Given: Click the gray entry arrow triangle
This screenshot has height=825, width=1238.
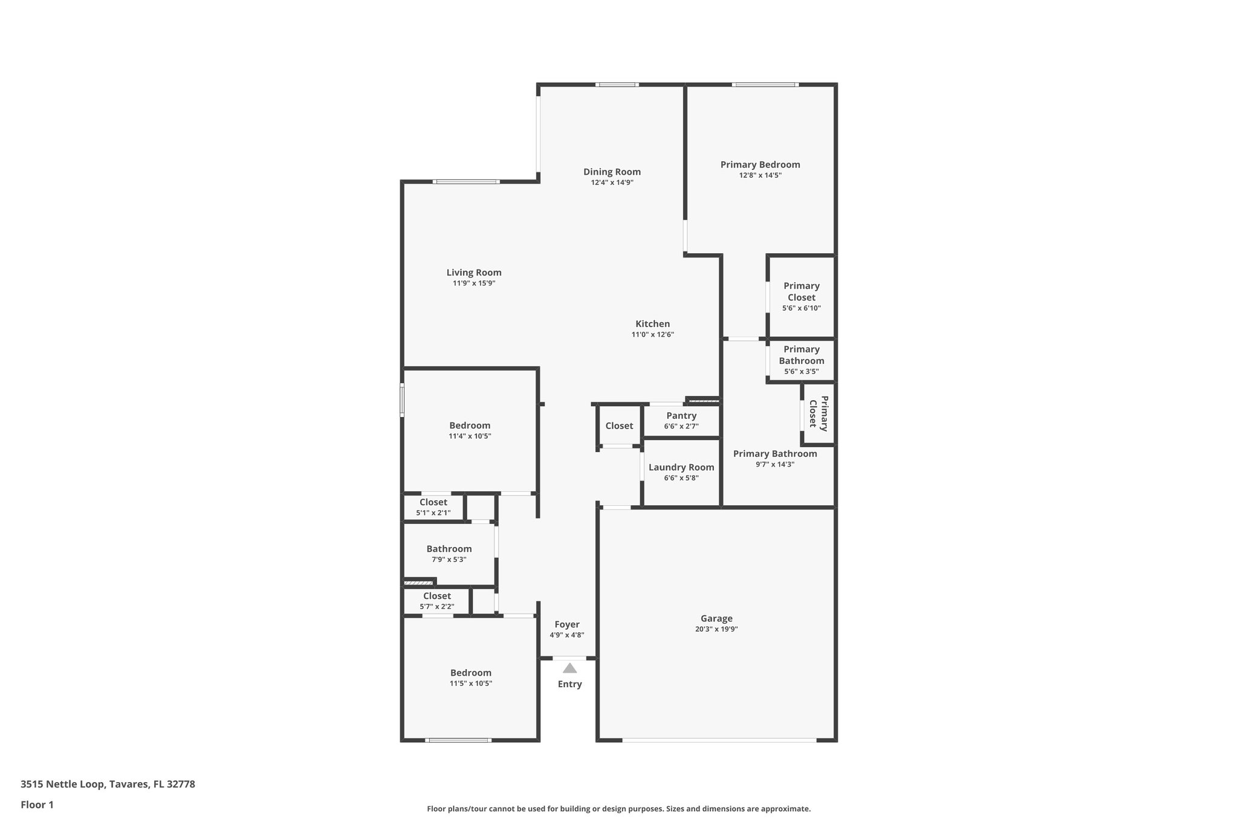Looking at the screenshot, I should click(569, 668).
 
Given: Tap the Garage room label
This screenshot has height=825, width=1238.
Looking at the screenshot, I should click(716, 618).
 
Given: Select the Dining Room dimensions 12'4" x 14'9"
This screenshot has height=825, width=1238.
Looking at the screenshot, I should click(612, 183).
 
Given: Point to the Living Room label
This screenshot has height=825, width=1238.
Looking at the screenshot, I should click(474, 273).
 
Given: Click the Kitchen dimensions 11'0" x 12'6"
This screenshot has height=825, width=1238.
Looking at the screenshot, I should click(652, 335).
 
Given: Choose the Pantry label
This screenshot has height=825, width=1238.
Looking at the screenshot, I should click(681, 416).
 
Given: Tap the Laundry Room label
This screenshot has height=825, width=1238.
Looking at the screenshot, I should click(681, 467).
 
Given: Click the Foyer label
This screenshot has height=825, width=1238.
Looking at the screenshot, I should click(566, 624).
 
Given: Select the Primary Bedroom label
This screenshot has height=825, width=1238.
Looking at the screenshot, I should click(760, 164).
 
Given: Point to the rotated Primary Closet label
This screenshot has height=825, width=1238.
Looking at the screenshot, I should click(818, 413).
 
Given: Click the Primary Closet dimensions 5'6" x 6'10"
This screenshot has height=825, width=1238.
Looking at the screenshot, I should click(801, 308).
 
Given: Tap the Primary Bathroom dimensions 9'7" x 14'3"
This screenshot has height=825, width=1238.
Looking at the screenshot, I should click(774, 465).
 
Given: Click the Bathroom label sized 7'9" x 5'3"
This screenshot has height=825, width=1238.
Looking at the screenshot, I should click(449, 549).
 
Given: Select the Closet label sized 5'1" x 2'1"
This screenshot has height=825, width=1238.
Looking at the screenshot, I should click(433, 502).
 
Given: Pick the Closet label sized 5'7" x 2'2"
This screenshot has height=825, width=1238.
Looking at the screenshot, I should click(436, 596).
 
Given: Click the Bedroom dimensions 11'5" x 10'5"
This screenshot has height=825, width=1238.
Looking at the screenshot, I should click(470, 684).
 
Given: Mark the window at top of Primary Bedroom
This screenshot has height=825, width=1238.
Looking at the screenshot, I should click(765, 85).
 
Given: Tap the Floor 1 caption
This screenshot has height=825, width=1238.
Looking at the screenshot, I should click(37, 804).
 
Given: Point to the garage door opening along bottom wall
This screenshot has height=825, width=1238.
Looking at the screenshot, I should click(719, 740).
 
